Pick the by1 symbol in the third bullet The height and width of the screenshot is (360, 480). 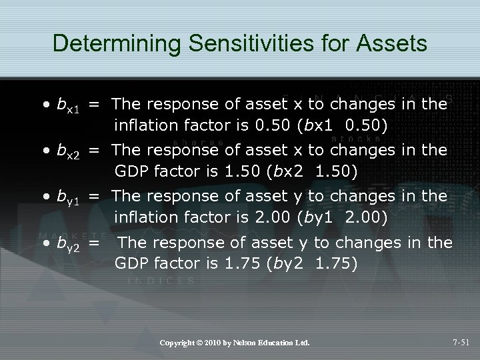pyautogui.click(x=69, y=198)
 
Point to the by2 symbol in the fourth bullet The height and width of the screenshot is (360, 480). pyautogui.click(x=69, y=245)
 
